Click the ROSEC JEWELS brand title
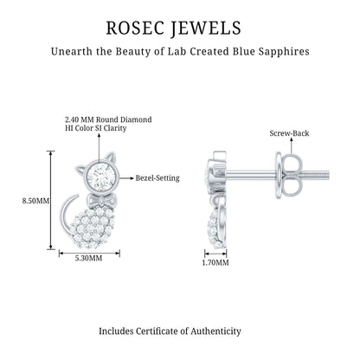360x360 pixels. (x=174, y=29)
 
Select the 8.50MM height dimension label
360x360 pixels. (x=35, y=201)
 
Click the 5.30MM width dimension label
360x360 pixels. (x=89, y=258)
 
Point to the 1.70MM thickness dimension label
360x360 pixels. (x=215, y=263)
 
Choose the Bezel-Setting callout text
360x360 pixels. (x=157, y=178)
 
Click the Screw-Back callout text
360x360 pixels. (x=289, y=133)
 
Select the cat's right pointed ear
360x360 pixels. (x=111, y=159)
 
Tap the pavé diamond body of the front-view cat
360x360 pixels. (x=93, y=228)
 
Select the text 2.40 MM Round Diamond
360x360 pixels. (x=108, y=119)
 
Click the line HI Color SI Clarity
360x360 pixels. (x=96, y=128)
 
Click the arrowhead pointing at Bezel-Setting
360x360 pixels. (x=132, y=178)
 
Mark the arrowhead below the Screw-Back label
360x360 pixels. (x=292, y=140)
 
